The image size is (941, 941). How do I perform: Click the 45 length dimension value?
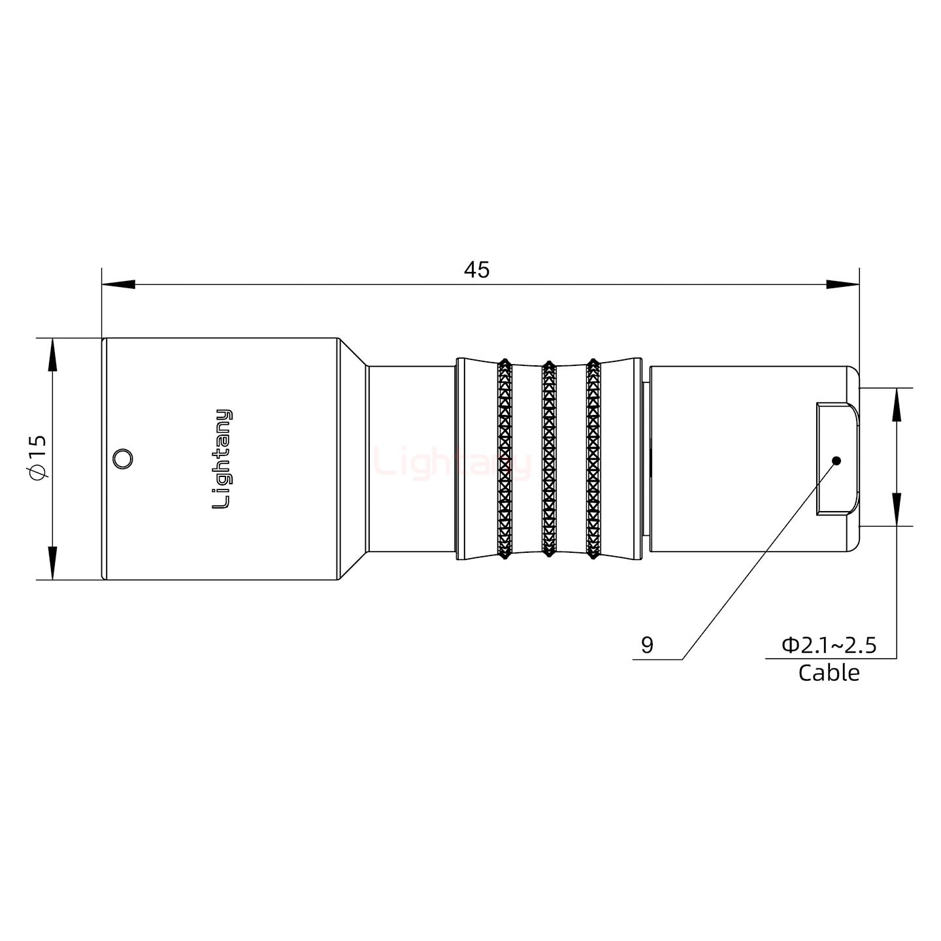(476, 270)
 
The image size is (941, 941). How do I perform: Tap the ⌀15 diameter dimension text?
(38, 457)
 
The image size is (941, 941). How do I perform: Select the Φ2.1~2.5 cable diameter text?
(829, 646)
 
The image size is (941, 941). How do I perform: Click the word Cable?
(829, 672)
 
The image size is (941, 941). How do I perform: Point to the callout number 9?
(647, 646)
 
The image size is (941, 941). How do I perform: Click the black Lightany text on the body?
(223, 459)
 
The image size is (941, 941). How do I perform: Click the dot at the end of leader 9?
(836, 461)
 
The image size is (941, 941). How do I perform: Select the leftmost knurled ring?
(504, 459)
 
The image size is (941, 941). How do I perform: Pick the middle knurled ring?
(549, 459)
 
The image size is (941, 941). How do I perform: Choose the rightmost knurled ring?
(593, 459)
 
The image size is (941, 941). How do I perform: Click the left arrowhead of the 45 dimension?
(118, 285)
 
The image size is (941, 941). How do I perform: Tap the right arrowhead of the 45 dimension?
(843, 285)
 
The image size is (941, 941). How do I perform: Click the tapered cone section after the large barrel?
(353, 459)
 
